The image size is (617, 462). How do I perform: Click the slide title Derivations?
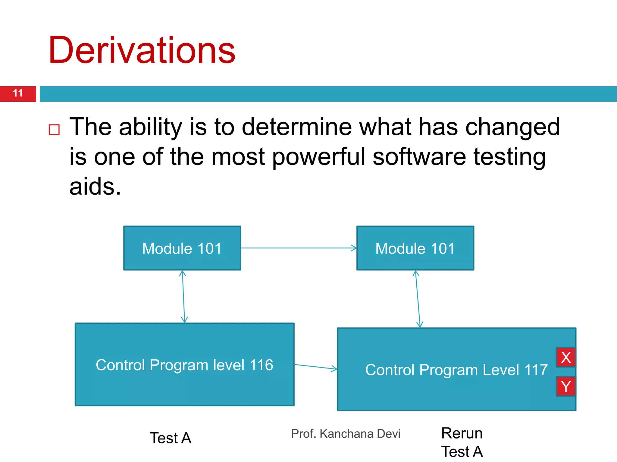pos(142,51)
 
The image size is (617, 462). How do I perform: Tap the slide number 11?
pos(18,93)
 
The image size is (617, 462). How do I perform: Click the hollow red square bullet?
pos(54,130)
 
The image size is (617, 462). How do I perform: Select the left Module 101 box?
pos(182,248)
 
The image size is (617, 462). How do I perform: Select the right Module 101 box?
pos(415,248)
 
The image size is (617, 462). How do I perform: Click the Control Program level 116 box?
pos(184,365)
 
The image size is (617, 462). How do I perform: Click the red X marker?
pos(566,358)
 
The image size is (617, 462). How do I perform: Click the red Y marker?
pos(566,386)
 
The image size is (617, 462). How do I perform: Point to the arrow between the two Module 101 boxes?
pos(298,248)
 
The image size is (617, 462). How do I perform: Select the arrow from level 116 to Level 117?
pos(315,367)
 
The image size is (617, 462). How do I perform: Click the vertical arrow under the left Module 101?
pos(183,297)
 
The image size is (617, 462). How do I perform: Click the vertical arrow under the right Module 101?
pos(418,299)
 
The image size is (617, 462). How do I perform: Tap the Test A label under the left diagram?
pos(171,438)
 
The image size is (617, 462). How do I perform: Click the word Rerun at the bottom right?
pos(462,433)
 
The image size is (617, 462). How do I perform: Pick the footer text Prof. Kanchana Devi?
pos(346,434)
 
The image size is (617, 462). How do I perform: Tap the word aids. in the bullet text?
pos(95,186)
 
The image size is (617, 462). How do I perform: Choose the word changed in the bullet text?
pos(512,127)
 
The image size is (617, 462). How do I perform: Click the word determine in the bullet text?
pos(297,127)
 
